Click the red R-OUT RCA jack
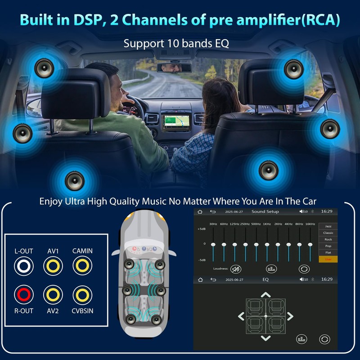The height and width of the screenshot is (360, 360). (x=23, y=295)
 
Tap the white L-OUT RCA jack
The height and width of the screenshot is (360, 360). (x=23, y=266)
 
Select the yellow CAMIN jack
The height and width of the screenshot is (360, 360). (x=82, y=266)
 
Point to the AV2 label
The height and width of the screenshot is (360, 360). (x=53, y=310)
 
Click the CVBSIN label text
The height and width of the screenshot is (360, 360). (x=82, y=310)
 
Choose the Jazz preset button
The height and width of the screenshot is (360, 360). (x=328, y=226)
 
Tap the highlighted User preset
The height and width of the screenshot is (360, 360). (x=328, y=260)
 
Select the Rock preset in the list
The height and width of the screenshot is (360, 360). (x=328, y=239)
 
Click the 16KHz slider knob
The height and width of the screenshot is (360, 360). (x=310, y=245)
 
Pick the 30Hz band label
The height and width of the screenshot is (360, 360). (x=213, y=224)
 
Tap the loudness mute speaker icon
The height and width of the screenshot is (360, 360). (x=235, y=269)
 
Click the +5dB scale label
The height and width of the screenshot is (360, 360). (x=202, y=229)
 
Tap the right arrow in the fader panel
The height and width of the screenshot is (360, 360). (x=290, y=316)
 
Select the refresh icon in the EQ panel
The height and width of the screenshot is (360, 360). (x=324, y=339)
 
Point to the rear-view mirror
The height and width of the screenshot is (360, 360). (x=173, y=67)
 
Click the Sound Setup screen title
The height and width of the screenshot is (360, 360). (x=265, y=211)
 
